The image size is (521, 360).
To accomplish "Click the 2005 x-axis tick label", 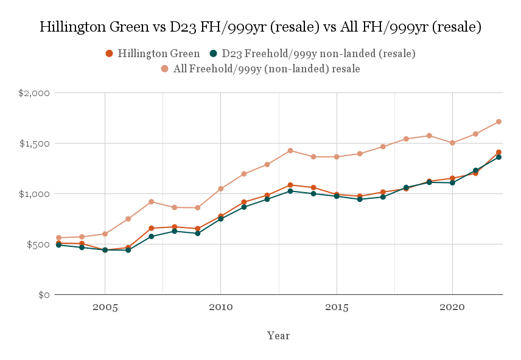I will (x=105, y=307).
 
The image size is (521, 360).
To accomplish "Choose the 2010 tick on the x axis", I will (x=221, y=307).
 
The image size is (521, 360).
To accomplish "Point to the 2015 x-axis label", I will (x=337, y=307).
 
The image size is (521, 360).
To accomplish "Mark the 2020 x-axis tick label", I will (x=452, y=307).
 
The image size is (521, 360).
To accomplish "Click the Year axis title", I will (x=278, y=336).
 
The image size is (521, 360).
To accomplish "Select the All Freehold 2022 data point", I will (x=498, y=122).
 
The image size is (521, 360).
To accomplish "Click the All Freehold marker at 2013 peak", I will (x=290, y=150).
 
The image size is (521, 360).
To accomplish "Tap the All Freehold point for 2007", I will (x=152, y=201).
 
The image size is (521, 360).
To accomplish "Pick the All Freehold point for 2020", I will (x=452, y=143).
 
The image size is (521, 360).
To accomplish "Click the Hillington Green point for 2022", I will (x=498, y=152).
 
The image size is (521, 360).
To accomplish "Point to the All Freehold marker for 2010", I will (x=221, y=189).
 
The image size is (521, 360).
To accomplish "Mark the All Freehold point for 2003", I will (x=59, y=238).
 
